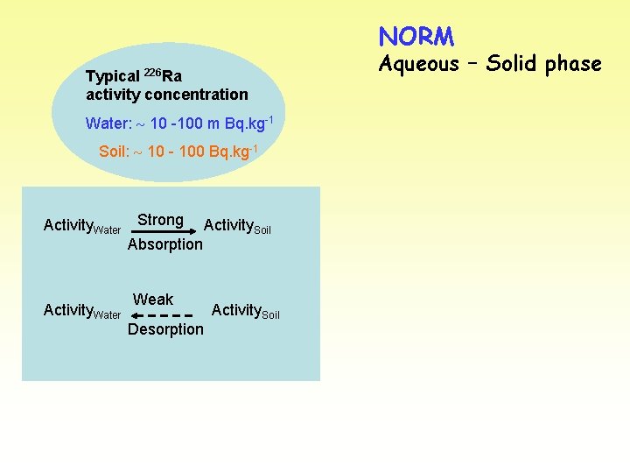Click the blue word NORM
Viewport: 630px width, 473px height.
(416, 37)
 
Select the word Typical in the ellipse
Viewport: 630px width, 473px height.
(112, 76)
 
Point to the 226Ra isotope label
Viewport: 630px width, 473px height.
(163, 74)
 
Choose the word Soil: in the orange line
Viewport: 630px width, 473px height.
(114, 152)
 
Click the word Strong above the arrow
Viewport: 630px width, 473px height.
(160, 220)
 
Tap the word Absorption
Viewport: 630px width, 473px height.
(164, 244)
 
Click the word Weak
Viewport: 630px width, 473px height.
(153, 300)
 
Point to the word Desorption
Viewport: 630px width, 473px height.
(165, 329)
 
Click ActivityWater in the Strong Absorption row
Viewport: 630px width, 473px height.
(81, 226)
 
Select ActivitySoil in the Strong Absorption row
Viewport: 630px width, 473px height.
(237, 226)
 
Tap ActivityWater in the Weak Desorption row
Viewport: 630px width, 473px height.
(81, 311)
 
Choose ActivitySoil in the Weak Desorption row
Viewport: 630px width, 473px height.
(246, 310)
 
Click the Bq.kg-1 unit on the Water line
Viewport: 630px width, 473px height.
(249, 123)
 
